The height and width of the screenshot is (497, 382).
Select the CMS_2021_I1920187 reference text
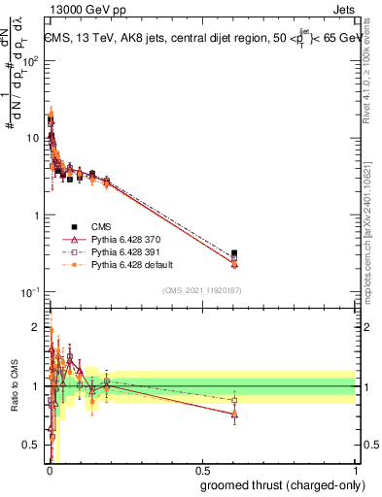202,290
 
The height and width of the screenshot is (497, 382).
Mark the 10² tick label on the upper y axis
31,60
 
